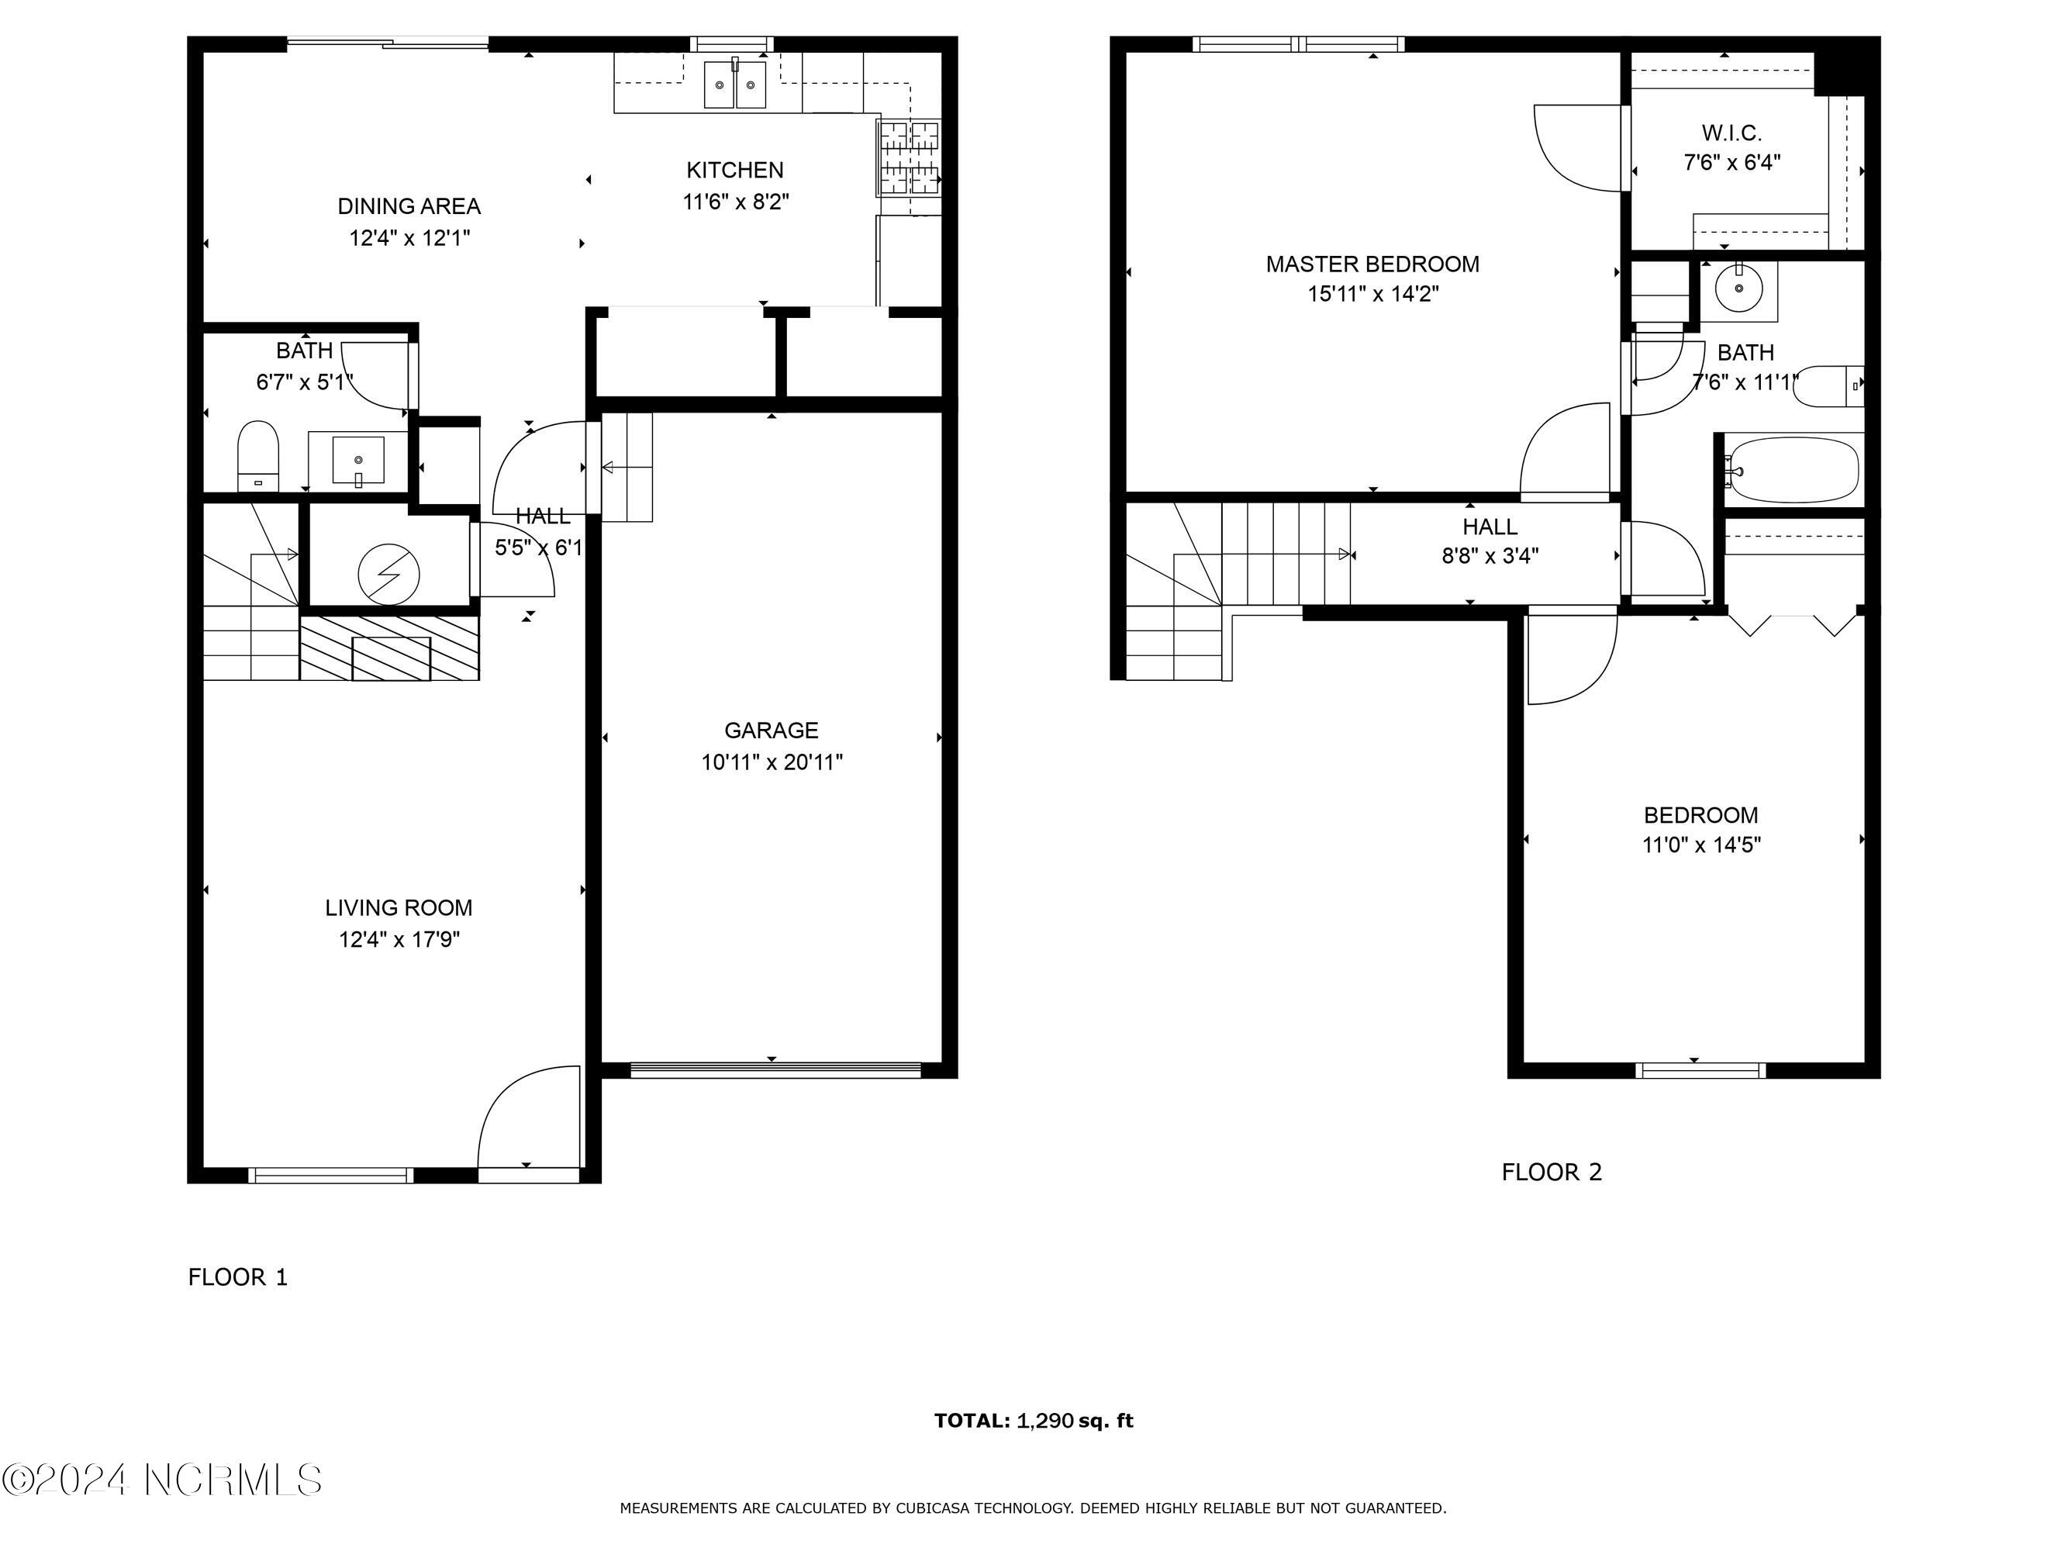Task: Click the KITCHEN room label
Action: [x=735, y=170]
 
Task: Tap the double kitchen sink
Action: [x=735, y=84]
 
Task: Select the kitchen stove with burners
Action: [x=909, y=158]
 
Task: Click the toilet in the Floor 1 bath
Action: [x=258, y=455]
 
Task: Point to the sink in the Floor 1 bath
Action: [x=358, y=461]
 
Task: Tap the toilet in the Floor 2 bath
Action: [x=1828, y=385]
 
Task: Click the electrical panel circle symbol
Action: [x=389, y=574]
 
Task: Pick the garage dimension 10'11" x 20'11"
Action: [x=772, y=763]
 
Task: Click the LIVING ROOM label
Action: [x=399, y=908]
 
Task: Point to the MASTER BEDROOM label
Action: [x=1372, y=264]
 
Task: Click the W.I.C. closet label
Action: [x=1731, y=133]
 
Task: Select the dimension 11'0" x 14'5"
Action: [x=1701, y=845]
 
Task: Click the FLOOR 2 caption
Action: [x=1552, y=1173]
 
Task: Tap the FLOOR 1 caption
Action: [x=238, y=1277]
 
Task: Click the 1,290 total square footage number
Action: [x=1044, y=1421]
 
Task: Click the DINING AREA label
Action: [x=409, y=206]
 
